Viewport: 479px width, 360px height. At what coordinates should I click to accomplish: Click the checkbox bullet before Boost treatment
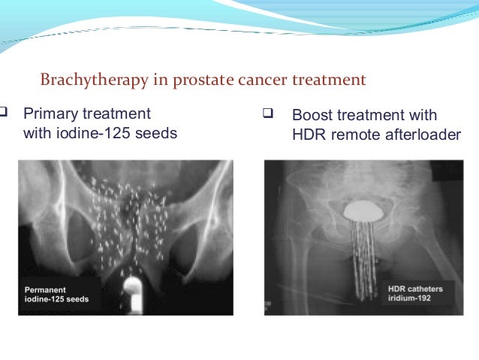pyautogui.click(x=267, y=115)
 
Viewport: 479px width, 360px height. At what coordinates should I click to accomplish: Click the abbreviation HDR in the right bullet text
pyautogui.click(x=307, y=135)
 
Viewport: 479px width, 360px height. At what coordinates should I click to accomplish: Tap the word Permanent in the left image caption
pyautogui.click(x=48, y=289)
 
